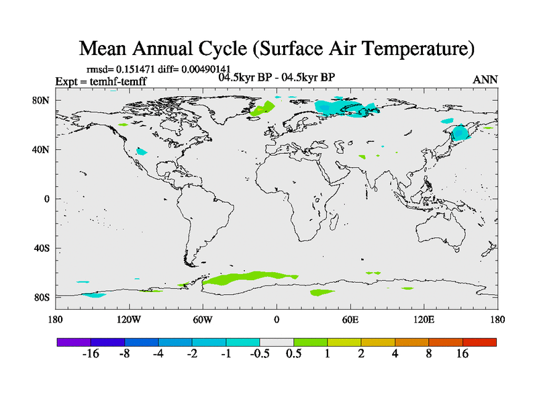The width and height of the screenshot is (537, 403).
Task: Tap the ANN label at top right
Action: click(x=485, y=80)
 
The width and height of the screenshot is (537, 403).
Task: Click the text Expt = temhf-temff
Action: click(x=101, y=82)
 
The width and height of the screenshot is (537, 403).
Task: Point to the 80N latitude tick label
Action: click(x=42, y=101)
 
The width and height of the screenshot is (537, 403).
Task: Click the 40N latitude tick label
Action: click(x=42, y=150)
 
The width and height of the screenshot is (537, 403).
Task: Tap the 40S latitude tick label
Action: click(x=42, y=248)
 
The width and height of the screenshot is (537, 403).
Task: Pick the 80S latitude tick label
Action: click(x=42, y=297)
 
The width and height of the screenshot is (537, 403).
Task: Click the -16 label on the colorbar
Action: click(x=91, y=354)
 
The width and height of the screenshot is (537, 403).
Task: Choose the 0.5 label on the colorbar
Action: click(x=293, y=354)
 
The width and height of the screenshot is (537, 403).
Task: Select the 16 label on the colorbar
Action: click(x=462, y=354)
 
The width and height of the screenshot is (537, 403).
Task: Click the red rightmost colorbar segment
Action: click(x=479, y=342)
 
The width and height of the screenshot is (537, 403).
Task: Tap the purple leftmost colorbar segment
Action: click(x=74, y=342)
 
